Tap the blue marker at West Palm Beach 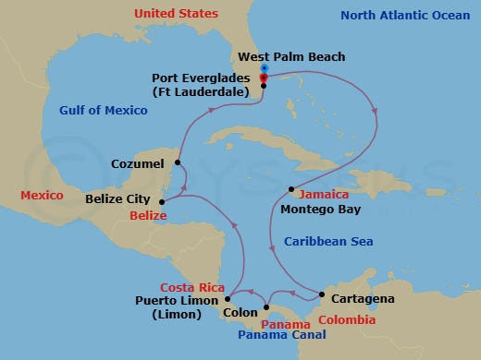[264, 69]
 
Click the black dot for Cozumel [176, 164]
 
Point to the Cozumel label [137, 164]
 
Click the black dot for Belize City [162, 200]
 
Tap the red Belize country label [148, 215]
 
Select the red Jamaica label [324, 195]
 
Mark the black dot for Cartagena [321, 294]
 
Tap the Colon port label [240, 313]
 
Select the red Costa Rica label [193, 287]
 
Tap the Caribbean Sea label [327, 241]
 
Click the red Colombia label [347, 320]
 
